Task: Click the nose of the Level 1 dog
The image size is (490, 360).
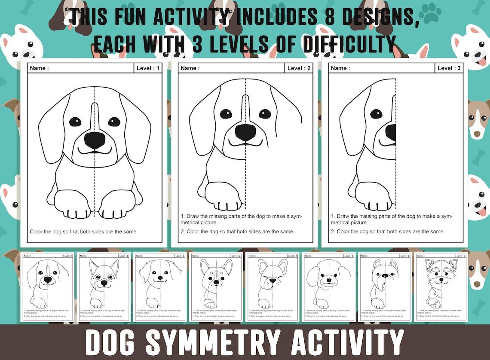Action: point(95,140)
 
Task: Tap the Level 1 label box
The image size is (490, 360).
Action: point(148,68)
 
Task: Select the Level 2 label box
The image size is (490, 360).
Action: point(298,68)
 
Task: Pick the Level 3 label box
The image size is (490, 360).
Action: point(449,68)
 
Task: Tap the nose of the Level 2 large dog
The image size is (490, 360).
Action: point(245,132)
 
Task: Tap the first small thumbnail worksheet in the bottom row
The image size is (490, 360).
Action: point(47,287)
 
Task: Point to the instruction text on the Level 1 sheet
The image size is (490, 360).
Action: point(83,232)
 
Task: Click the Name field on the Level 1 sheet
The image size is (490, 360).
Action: point(80,68)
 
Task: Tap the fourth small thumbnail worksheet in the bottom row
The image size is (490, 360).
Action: point(216,287)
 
